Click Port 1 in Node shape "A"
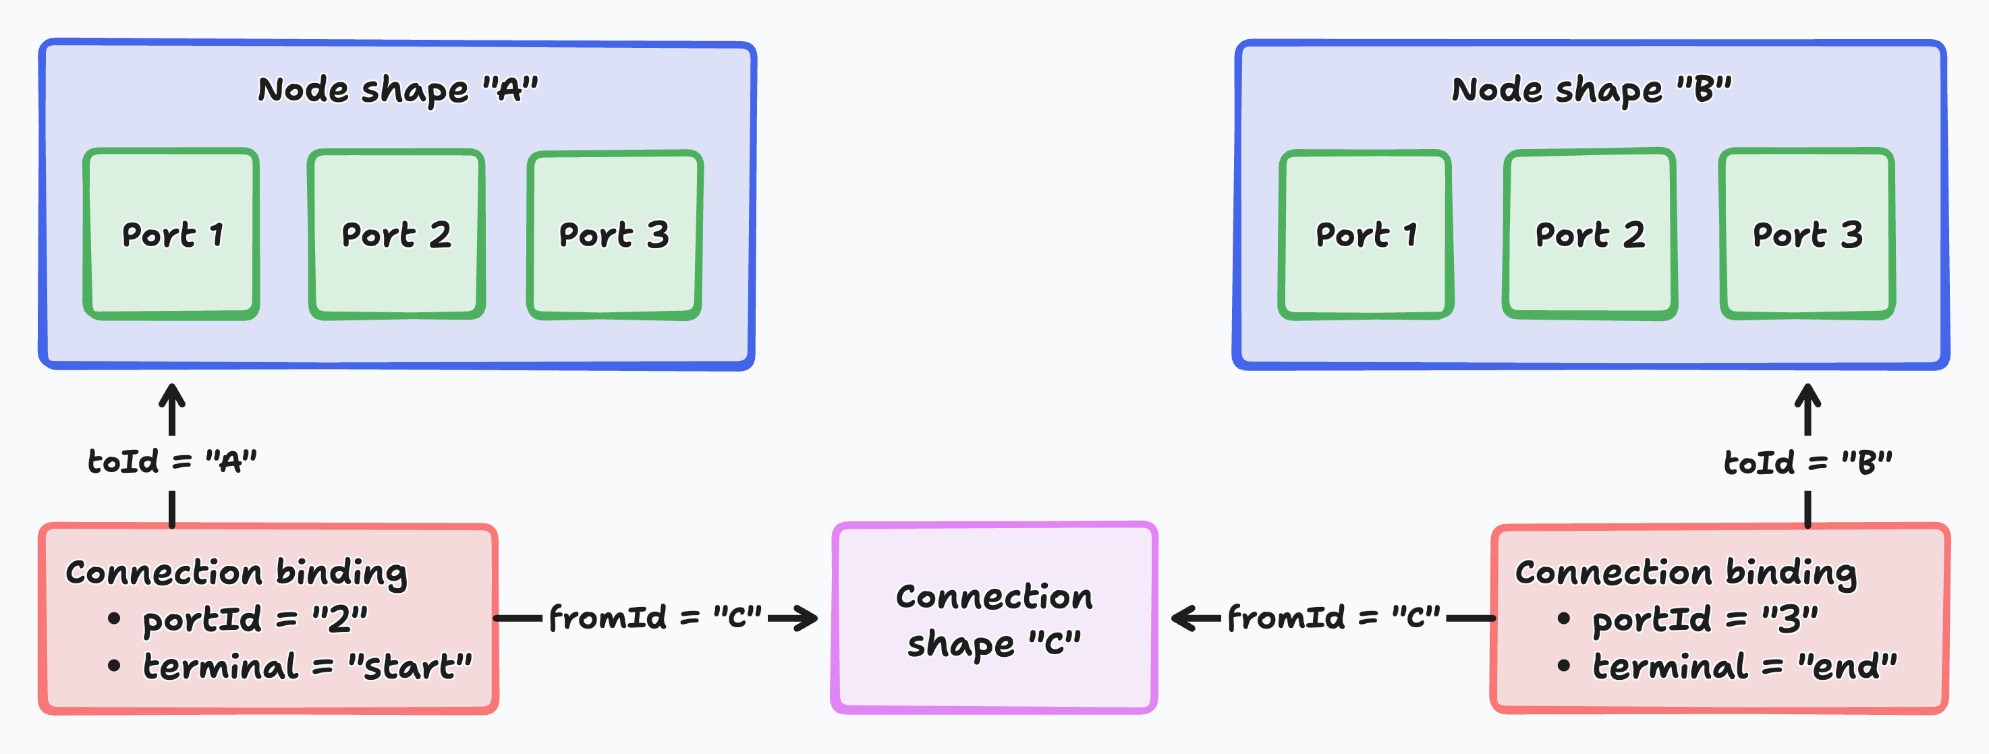tap(171, 234)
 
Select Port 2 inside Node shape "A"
tap(397, 234)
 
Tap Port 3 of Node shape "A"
tap(615, 235)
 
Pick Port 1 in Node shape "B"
tap(1365, 235)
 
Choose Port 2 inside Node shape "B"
tap(1590, 234)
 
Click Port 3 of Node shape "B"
tap(1808, 234)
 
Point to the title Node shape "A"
tap(397, 90)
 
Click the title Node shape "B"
tap(1592, 90)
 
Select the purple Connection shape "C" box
tap(994, 617)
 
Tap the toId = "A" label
tap(171, 461)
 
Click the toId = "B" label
tap(1808, 462)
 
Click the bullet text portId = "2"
tap(255, 619)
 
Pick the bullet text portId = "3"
tap(1705, 619)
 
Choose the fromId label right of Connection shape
tap(1333, 617)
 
